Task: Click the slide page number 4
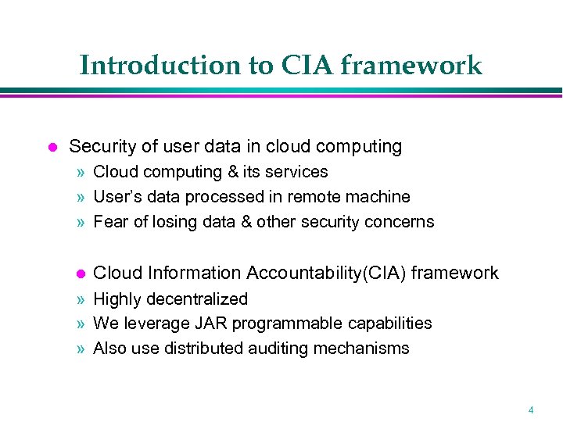531,409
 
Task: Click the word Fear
109,221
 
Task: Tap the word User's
117,196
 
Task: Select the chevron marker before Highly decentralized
81,299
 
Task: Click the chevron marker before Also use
81,349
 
